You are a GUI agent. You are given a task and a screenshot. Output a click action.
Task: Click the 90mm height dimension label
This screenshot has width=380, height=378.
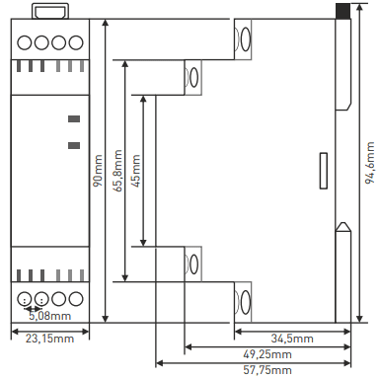pos(98,171)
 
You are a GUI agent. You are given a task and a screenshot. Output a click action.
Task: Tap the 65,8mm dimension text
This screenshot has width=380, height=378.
pos(117,171)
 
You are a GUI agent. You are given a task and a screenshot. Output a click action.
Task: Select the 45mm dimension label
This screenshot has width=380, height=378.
pos(135,171)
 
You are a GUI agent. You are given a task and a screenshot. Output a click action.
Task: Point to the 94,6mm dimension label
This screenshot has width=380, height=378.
pos(370,163)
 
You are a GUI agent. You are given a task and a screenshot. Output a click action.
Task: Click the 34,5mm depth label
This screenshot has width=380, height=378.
pos(292,339)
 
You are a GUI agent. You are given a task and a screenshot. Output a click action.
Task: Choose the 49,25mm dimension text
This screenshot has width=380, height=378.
pos(267,354)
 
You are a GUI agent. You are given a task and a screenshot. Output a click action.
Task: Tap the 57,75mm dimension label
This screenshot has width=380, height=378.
pos(267,370)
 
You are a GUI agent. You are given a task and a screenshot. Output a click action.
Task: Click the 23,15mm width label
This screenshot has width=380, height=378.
pos(50,339)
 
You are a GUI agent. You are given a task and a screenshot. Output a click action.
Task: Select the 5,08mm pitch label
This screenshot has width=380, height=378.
pos(50,316)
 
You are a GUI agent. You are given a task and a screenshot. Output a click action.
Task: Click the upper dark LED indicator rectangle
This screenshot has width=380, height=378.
pos(74,118)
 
